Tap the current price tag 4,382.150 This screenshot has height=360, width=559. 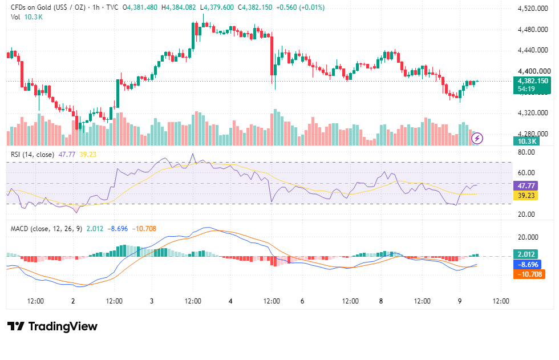pyautogui.click(x=532, y=81)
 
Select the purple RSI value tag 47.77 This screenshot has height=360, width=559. pyautogui.click(x=526, y=185)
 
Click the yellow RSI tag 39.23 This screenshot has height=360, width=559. pyautogui.click(x=526, y=196)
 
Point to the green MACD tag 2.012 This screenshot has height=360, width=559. pyautogui.click(x=526, y=254)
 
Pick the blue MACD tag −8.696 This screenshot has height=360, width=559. pyautogui.click(x=528, y=265)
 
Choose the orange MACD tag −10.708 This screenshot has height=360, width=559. pyautogui.click(x=529, y=274)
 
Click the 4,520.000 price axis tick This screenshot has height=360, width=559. pyautogui.click(x=533, y=9)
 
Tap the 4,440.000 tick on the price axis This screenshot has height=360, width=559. pyautogui.click(x=533, y=50)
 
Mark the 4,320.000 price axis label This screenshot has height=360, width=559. pyautogui.click(x=533, y=113)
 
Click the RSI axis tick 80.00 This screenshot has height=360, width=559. pyautogui.click(x=526, y=152)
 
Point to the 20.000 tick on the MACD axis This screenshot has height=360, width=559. pyautogui.click(x=528, y=237)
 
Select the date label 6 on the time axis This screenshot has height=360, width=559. pyautogui.click(x=302, y=301)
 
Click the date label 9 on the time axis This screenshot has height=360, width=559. pyautogui.click(x=460, y=301)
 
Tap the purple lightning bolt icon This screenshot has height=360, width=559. pyautogui.click(x=477, y=138)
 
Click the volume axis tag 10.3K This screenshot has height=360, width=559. pyautogui.click(x=526, y=141)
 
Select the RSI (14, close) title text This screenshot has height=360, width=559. pyautogui.click(x=33, y=155)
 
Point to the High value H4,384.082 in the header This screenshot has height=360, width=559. pyautogui.click(x=178, y=7)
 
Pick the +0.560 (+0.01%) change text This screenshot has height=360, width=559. pyautogui.click(x=300, y=7)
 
